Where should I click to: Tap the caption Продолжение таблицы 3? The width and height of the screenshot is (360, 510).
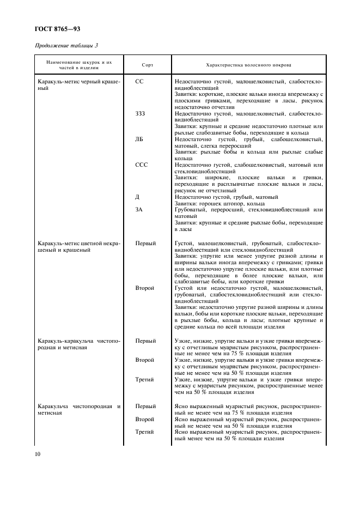66,45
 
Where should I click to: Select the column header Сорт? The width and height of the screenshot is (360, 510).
147,65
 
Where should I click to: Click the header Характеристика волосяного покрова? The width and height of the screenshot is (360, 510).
248,65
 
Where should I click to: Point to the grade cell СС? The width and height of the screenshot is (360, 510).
139,81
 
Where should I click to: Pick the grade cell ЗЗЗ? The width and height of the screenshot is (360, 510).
141,113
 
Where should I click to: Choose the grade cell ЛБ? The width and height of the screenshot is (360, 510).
139,139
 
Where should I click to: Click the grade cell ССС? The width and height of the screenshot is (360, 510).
141,165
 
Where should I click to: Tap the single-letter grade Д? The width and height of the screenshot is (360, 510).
137,197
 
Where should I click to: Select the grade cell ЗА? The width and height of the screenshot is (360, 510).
139,210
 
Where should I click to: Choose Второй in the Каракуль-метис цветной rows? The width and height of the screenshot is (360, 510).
145,288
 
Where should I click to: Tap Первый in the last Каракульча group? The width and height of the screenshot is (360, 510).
145,406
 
